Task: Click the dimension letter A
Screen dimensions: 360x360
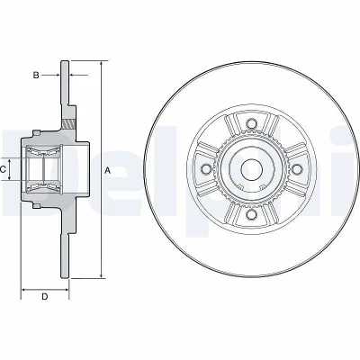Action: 107,171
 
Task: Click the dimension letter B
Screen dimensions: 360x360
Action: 36,75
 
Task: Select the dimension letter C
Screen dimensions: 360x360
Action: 3,170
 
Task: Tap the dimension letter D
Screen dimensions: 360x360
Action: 44,297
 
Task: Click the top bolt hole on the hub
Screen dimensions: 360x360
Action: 251,123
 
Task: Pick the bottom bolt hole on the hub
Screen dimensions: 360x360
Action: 251,214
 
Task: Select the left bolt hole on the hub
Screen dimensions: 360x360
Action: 206,169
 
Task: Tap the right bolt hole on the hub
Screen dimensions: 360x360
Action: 296,169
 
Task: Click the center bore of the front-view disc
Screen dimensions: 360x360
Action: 251,169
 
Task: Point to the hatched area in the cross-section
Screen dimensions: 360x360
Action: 67,123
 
